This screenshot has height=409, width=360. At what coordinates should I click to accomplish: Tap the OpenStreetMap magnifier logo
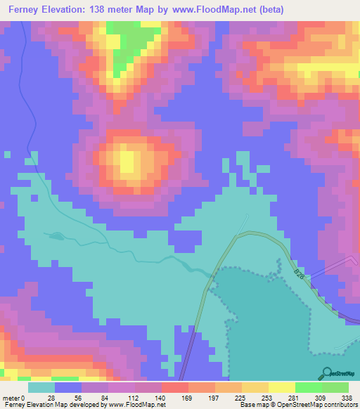[326, 372]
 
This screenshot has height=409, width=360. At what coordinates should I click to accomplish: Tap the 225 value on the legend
[242, 397]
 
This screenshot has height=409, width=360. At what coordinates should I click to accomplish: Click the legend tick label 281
[295, 397]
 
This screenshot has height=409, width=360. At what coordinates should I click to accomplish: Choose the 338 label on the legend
[348, 397]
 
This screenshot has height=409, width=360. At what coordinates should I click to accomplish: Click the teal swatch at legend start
[41, 387]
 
